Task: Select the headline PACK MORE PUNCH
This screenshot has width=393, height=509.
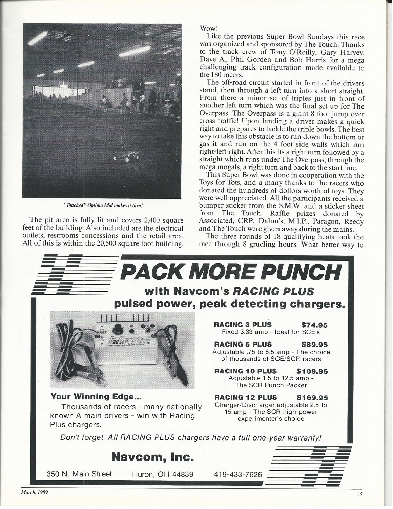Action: click(231, 271)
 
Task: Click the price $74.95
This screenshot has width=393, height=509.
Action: click(314, 325)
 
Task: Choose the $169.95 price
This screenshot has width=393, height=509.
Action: click(312, 397)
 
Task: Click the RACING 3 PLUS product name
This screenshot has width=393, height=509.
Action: click(243, 325)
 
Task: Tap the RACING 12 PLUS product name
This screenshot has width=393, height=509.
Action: click(246, 397)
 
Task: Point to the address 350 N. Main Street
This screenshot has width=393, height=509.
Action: click(79, 474)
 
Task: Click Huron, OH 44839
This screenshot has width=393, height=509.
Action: click(160, 474)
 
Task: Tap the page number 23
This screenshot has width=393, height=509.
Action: click(359, 503)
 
